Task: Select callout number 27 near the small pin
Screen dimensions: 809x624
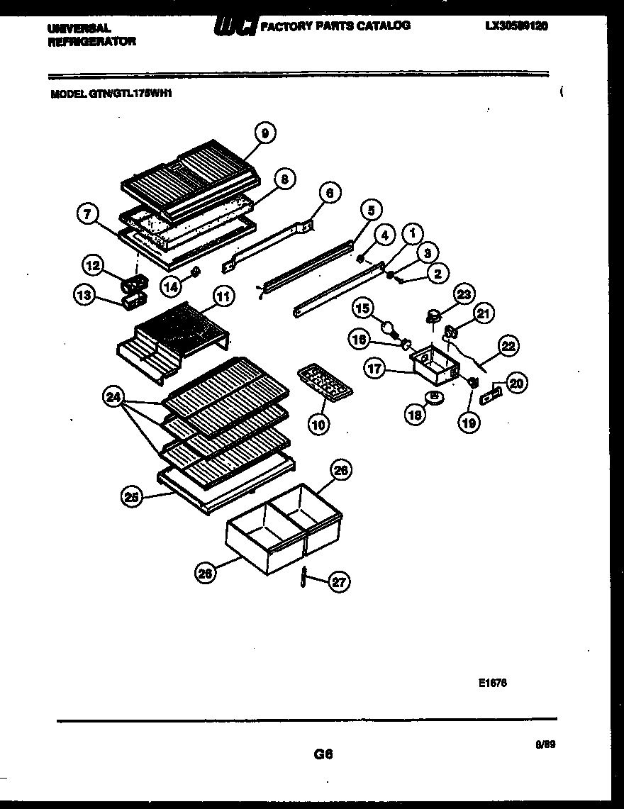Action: (340, 582)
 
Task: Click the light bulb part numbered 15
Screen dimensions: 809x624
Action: (389, 327)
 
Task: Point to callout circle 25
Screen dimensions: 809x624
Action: (131, 498)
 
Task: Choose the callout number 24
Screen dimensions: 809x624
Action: (113, 398)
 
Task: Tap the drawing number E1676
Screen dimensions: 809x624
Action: (493, 684)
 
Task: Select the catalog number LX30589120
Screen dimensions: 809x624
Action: (517, 26)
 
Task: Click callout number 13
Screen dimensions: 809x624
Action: (85, 297)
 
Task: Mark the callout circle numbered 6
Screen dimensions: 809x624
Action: (329, 192)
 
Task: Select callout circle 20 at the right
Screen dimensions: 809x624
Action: (517, 384)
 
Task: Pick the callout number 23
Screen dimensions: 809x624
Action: (465, 294)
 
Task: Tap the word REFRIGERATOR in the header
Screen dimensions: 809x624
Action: (92, 41)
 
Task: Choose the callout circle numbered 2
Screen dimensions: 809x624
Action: (438, 272)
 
